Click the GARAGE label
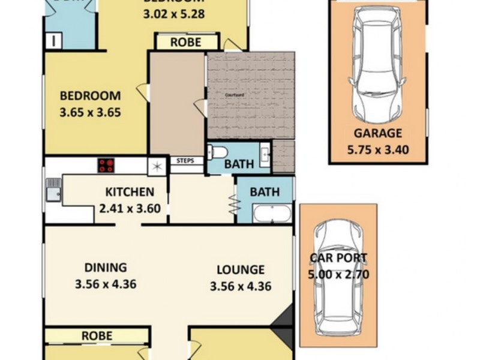coord(377,134)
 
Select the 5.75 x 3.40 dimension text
coord(377,149)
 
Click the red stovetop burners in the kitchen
coord(107,165)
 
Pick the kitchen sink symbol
coord(52,190)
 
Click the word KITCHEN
coord(130,193)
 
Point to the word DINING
coord(106,268)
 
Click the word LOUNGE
coord(241,270)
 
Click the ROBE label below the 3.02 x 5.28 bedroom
coord(185,43)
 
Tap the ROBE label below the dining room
coord(97,335)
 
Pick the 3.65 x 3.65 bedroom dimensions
coord(91,112)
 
